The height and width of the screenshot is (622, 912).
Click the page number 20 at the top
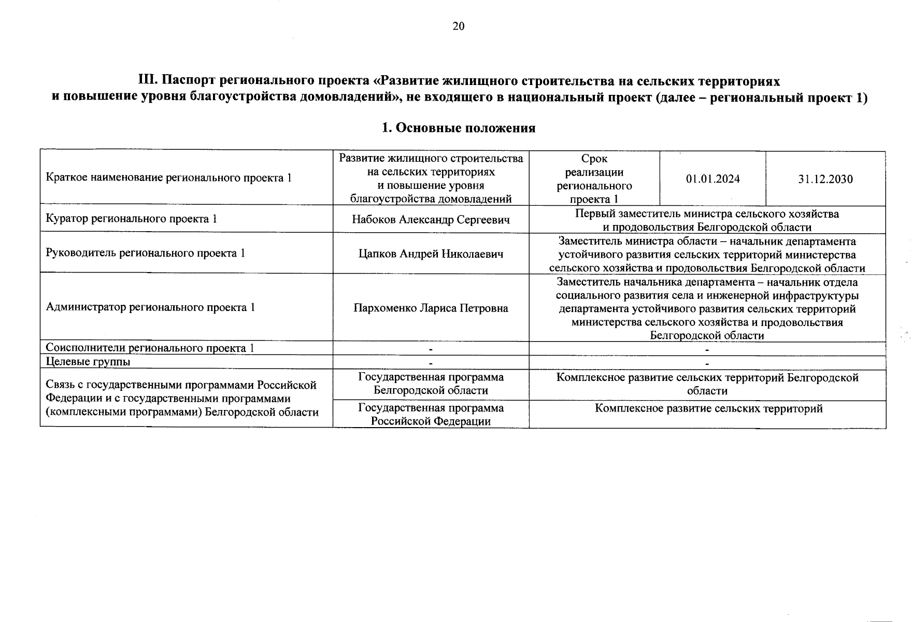pyautogui.click(x=458, y=26)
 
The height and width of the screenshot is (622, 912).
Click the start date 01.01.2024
pyautogui.click(x=712, y=179)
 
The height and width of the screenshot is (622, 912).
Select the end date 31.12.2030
pyautogui.click(x=825, y=179)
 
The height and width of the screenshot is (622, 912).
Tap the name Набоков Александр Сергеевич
pyautogui.click(x=431, y=220)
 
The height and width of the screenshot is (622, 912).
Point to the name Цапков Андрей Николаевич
pyautogui.click(x=431, y=254)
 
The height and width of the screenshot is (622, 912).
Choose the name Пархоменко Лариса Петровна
pyautogui.click(x=431, y=308)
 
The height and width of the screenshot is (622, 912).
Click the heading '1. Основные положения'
pyautogui.click(x=458, y=128)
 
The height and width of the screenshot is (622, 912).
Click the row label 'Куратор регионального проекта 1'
pyautogui.click(x=131, y=219)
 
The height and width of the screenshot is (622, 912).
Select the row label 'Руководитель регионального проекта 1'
pyautogui.click(x=145, y=253)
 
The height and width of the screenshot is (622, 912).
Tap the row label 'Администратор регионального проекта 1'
pyautogui.click(x=150, y=307)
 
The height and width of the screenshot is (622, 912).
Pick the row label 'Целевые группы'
pyautogui.click(x=88, y=362)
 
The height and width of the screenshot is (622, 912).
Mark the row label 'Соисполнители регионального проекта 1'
pyautogui.click(x=150, y=348)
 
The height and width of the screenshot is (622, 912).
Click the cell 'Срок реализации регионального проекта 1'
pyautogui.click(x=594, y=179)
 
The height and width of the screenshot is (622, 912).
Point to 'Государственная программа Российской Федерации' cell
pyautogui.click(x=431, y=415)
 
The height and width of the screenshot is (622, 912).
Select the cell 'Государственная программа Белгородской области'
pyautogui.click(x=431, y=384)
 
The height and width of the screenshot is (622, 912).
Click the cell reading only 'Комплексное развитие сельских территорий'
pyautogui.click(x=708, y=409)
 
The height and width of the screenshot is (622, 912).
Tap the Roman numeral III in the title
pyautogui.click(x=147, y=81)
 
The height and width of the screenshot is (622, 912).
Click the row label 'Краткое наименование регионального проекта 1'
pyautogui.click(x=168, y=178)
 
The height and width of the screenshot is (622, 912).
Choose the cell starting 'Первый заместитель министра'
pyautogui.click(x=707, y=220)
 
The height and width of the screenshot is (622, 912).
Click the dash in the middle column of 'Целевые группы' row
pyautogui.click(x=430, y=363)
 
